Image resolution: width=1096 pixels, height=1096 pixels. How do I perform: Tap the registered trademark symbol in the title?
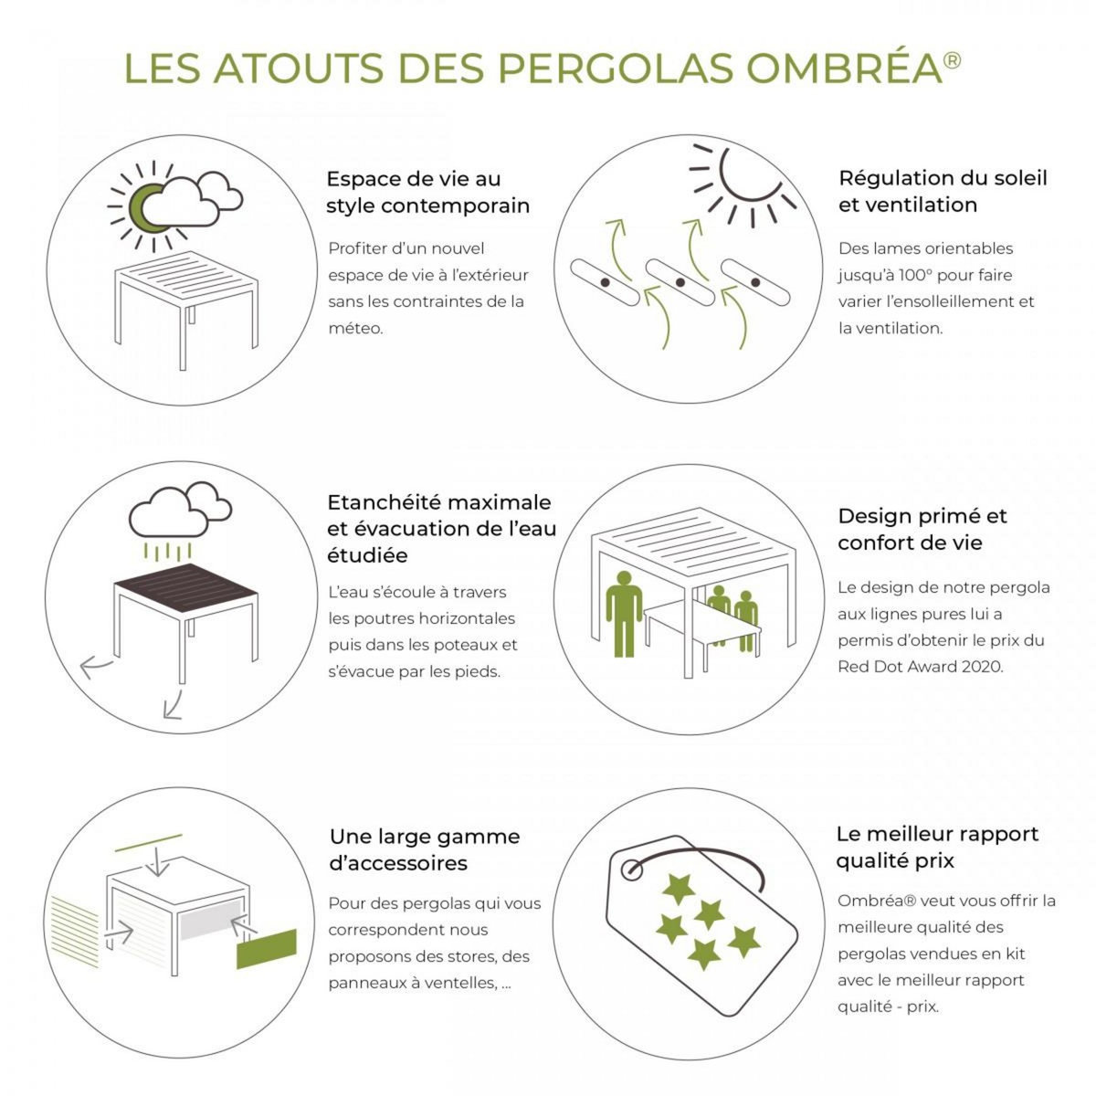952,60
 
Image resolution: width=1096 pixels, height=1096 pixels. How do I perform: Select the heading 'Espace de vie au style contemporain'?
427,192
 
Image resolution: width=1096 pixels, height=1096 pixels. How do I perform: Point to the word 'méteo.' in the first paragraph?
356,328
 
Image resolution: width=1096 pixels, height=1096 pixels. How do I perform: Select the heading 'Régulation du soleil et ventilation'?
943,191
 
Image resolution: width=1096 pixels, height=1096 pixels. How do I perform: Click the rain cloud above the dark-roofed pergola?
177,512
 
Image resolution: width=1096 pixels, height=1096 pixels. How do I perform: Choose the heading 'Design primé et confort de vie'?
922,530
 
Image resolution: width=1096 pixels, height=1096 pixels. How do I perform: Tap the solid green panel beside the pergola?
267,950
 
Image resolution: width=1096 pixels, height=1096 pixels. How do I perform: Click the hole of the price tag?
631,869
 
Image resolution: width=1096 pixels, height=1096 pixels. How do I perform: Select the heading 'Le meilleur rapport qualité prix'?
937,847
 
